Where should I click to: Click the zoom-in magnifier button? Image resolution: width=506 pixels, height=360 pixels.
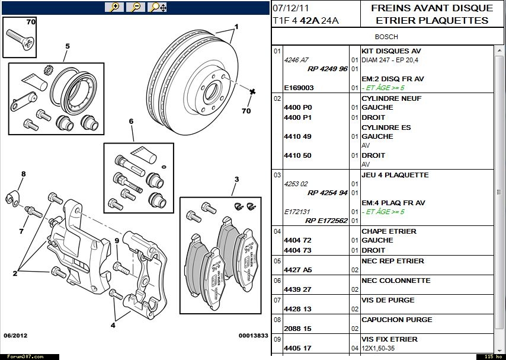[x=114, y=7]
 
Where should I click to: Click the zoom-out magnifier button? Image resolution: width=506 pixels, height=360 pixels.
[x=135, y=7]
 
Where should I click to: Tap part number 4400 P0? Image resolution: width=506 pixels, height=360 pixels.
[x=297, y=107]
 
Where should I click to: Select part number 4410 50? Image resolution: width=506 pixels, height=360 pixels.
[x=297, y=155]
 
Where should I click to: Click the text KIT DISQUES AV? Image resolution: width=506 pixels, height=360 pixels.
[x=391, y=51]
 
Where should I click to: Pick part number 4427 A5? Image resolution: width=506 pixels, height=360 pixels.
[x=297, y=270]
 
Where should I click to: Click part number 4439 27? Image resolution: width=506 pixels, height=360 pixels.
[x=297, y=289]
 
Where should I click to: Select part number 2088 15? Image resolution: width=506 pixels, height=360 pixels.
[x=297, y=329]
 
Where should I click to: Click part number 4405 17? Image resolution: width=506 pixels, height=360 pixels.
[x=297, y=348]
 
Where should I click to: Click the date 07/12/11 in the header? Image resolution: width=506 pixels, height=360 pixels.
[x=291, y=8]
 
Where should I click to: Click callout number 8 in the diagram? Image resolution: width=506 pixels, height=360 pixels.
[x=24, y=174]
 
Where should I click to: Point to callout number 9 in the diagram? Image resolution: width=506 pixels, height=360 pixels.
[x=117, y=241]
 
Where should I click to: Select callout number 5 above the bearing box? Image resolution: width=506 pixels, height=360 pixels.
[x=68, y=46]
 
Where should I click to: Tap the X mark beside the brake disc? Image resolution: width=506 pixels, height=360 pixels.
[x=252, y=91]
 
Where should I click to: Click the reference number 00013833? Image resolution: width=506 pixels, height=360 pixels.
[x=253, y=336]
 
